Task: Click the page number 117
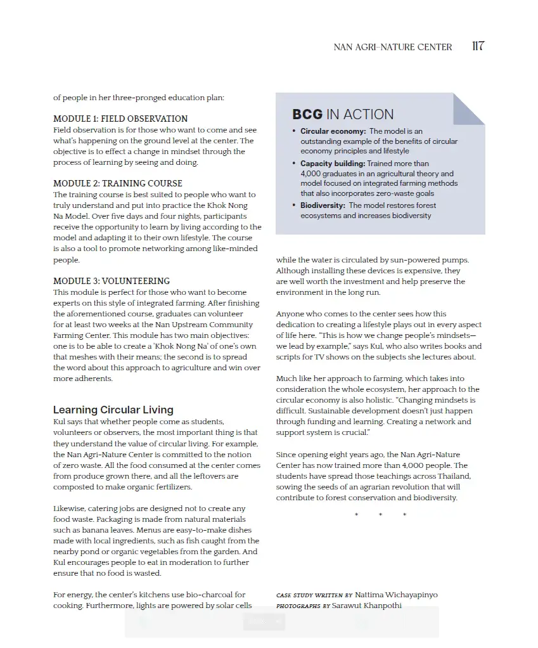pyautogui.click(x=478, y=46)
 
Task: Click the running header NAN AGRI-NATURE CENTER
pyautogui.click(x=393, y=47)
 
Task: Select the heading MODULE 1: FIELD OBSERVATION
pyautogui.click(x=120, y=119)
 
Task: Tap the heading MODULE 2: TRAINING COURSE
pyautogui.click(x=118, y=183)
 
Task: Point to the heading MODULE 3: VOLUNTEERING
pyautogui.click(x=112, y=281)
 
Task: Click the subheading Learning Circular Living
pyautogui.click(x=113, y=410)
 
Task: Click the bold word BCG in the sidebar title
pyautogui.click(x=307, y=115)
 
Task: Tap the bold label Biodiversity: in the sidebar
pyautogui.click(x=323, y=205)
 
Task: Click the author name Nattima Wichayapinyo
pyautogui.click(x=396, y=595)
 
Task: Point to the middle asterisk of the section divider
pyautogui.click(x=380, y=515)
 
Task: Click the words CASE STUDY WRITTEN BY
pyautogui.click(x=314, y=595)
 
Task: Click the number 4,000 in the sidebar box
pyautogui.click(x=312, y=174)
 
